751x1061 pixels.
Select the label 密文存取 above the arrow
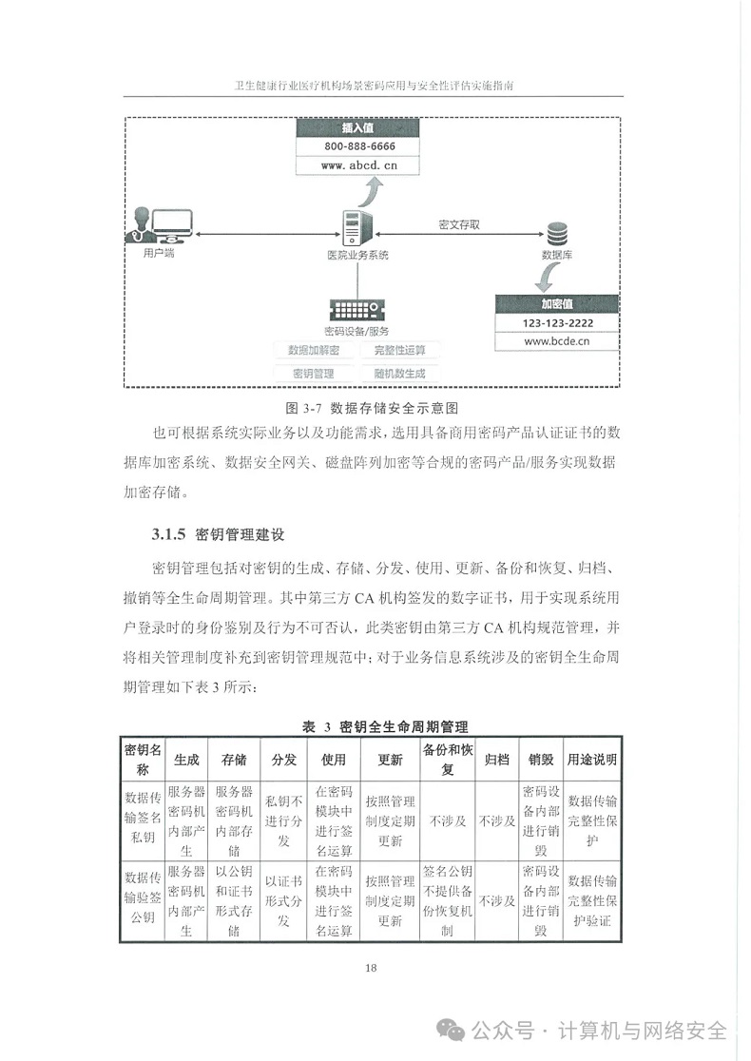pyautogui.click(x=459, y=224)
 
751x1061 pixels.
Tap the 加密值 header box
pyautogui.click(x=556, y=304)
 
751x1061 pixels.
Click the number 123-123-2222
pyautogui.click(x=557, y=323)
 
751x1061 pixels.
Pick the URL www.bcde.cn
pyautogui.click(x=557, y=340)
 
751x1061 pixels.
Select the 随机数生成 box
pyautogui.click(x=399, y=374)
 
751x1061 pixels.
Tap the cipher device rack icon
pyautogui.click(x=357, y=310)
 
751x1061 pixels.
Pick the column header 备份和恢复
pyautogui.click(x=448, y=759)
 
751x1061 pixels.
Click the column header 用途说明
pyautogui.click(x=592, y=760)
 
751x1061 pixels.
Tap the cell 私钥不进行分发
pyautogui.click(x=283, y=820)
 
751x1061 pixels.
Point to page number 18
pyautogui.click(x=371, y=968)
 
